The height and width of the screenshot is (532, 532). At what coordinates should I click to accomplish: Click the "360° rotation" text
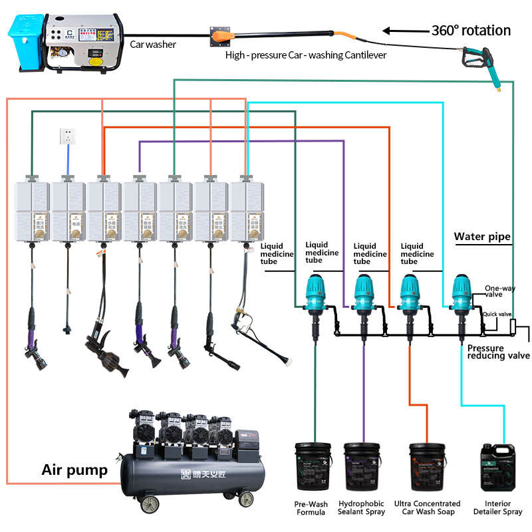point(471,31)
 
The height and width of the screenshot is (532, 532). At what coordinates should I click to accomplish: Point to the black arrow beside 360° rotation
point(405,31)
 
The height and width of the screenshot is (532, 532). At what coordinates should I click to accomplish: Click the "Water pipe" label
point(482,236)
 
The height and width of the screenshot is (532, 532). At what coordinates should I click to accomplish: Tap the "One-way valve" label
point(499,291)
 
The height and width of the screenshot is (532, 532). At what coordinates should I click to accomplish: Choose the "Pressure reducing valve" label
point(498,352)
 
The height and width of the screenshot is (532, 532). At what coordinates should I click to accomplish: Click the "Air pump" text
point(74,471)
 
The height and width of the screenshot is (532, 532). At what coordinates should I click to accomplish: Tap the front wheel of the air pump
point(246,499)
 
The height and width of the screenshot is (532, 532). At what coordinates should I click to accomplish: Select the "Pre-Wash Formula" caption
point(310,508)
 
